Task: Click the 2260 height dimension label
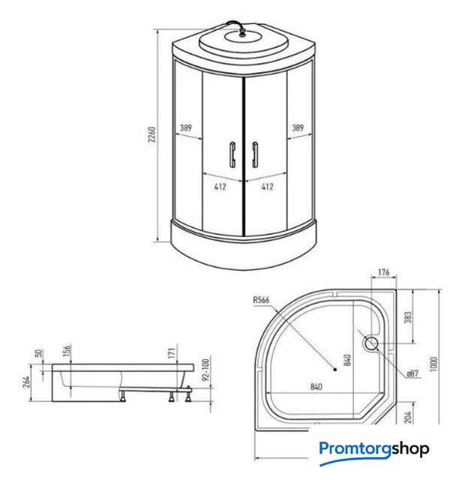click(151, 134)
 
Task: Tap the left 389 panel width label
click(185, 127)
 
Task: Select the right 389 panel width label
click(297, 127)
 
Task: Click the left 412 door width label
click(220, 187)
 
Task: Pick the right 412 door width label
click(267, 187)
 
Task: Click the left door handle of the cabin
click(232, 154)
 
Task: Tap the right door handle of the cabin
click(255, 154)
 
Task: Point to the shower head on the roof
click(243, 33)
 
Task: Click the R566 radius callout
click(261, 300)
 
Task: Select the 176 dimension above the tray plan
click(383, 271)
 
